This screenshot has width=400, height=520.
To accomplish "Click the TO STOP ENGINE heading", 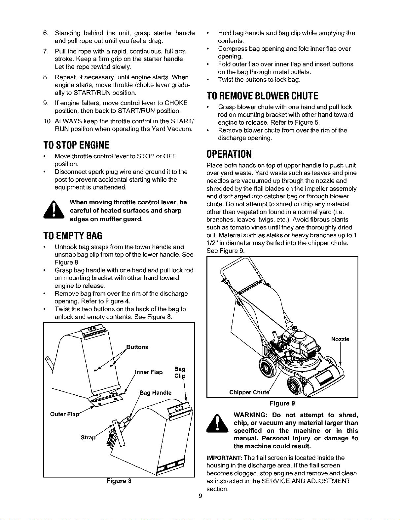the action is point(76,145).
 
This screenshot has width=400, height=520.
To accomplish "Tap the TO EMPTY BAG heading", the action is point(73,236).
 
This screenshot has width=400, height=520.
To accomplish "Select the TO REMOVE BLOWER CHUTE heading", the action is point(262,96).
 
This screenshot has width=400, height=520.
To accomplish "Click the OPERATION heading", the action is point(229,154).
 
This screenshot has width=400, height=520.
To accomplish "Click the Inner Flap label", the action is point(149,372).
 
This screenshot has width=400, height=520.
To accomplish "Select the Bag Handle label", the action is point(156,393).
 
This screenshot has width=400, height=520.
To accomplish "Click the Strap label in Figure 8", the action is point(88,437).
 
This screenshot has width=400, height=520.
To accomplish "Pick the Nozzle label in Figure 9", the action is point(340,339).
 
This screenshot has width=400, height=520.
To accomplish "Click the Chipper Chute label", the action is point(249,392).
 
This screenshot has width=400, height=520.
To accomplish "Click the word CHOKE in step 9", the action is point(176,103).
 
